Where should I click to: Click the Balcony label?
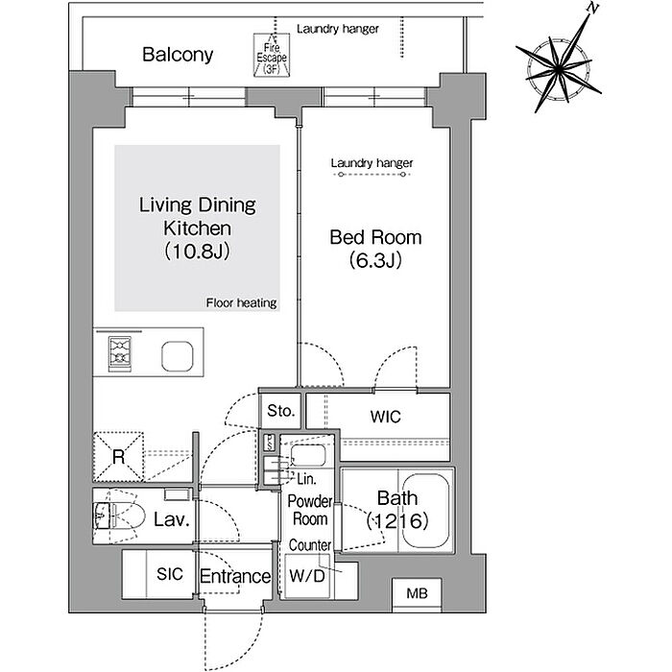click(178, 55)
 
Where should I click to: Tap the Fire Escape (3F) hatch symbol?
click(272, 56)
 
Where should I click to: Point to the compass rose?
click(559, 68)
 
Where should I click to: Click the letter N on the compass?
click(592, 8)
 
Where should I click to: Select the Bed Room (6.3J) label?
click(375, 249)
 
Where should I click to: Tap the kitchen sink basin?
click(177, 356)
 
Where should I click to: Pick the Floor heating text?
click(241, 303)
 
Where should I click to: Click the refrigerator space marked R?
click(119, 456)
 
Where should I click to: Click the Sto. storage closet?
click(280, 411)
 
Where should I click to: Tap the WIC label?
click(385, 417)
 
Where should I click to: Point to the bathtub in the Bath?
click(425, 511)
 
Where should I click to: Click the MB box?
click(417, 592)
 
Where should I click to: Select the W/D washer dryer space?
click(307, 576)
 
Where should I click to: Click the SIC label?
click(170, 574)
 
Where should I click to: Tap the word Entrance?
click(235, 576)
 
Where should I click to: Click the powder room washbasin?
click(308, 455)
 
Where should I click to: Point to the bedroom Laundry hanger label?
click(372, 163)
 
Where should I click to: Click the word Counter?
click(310, 545)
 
